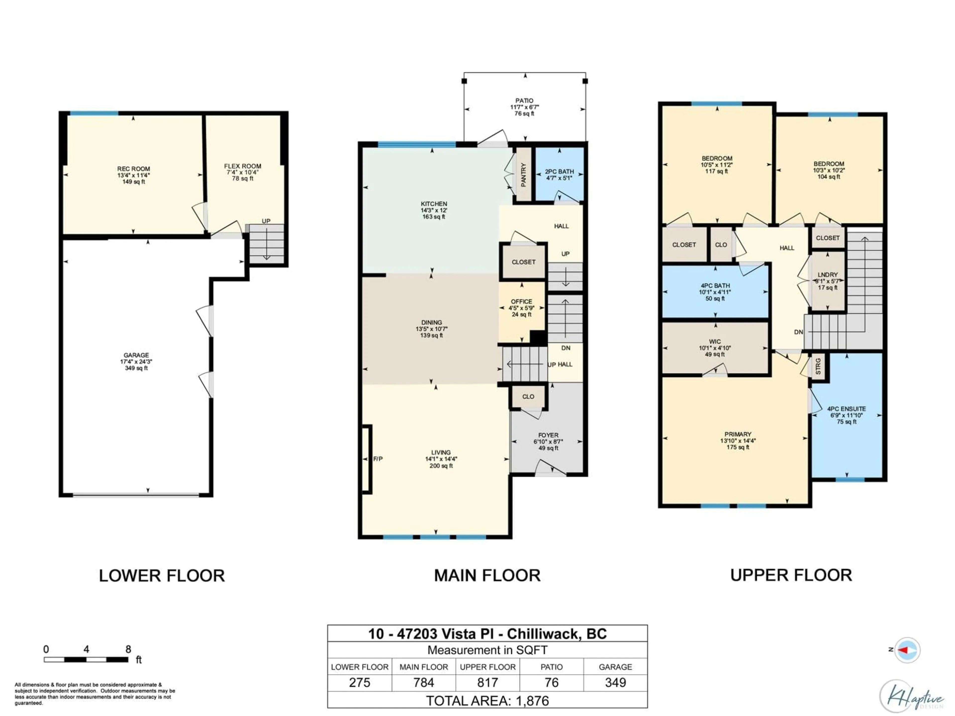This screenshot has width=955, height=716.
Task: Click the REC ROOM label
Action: [x=133, y=169]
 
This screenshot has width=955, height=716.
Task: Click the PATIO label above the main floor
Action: [x=524, y=100]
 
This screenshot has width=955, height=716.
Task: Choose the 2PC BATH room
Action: [x=559, y=174]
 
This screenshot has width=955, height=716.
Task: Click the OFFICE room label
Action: [x=522, y=301]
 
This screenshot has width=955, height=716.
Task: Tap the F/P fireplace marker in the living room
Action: [x=378, y=459]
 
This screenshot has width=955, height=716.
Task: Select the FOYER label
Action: [x=548, y=435]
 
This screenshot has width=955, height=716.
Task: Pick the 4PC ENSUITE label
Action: [x=846, y=409]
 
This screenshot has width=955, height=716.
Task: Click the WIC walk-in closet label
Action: [x=715, y=341]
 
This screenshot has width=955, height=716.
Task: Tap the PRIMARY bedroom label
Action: [x=738, y=434]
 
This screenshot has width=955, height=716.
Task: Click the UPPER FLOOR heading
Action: [x=791, y=575]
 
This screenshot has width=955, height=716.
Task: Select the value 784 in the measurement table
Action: [x=424, y=682]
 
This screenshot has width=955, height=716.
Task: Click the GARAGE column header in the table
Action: [x=615, y=667]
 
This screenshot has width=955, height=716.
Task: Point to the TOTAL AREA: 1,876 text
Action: [x=487, y=701]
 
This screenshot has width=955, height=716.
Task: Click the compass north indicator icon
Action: [x=907, y=650]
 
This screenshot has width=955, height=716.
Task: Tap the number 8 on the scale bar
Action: [x=128, y=649]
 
